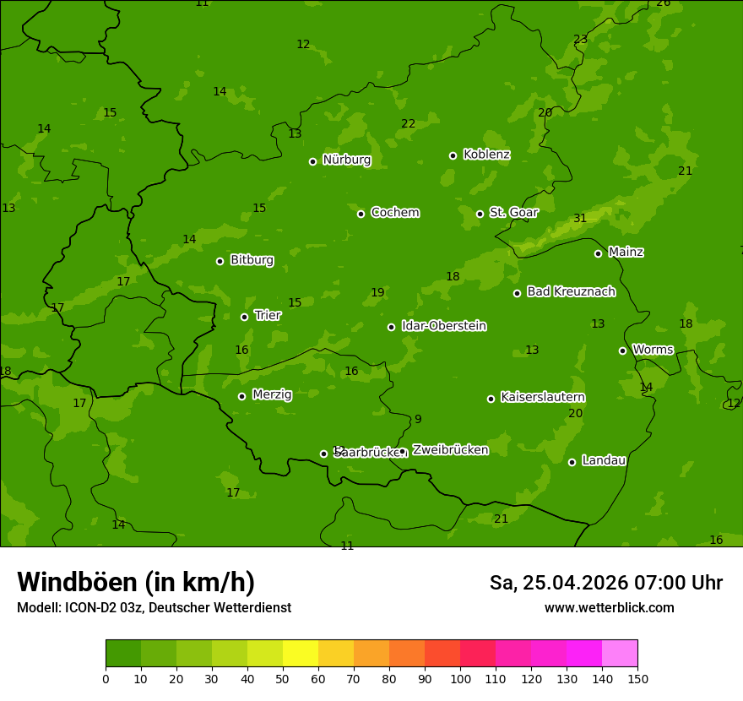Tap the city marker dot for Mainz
(598, 253)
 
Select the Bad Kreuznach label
(571, 292)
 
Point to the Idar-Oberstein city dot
(391, 327)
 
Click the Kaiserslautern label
(543, 398)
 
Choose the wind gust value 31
(580, 219)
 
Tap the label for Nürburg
(346, 160)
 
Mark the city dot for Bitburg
(220, 261)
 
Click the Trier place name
(268, 316)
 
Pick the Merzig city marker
(241, 396)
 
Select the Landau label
(604, 461)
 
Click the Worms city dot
(622, 350)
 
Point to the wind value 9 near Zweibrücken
(418, 420)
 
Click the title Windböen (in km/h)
(136, 582)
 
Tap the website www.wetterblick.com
(609, 608)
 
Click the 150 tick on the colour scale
(637, 678)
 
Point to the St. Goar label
(513, 213)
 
